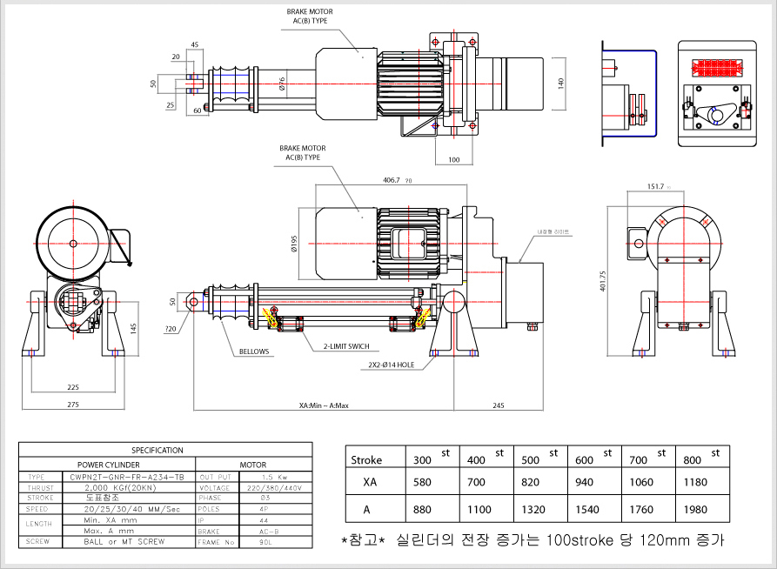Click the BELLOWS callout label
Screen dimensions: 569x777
(x=255, y=352)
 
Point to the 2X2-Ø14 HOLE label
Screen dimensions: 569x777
(x=392, y=365)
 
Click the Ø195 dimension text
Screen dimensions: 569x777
(x=296, y=244)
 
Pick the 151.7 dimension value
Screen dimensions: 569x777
(x=656, y=186)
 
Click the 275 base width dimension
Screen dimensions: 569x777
(x=74, y=405)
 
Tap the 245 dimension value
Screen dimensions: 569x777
(x=499, y=405)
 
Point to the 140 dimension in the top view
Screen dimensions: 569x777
(x=561, y=84)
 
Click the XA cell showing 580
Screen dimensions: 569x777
(x=421, y=481)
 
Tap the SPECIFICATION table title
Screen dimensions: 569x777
(x=157, y=451)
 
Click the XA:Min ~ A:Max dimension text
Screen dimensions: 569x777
(x=323, y=405)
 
